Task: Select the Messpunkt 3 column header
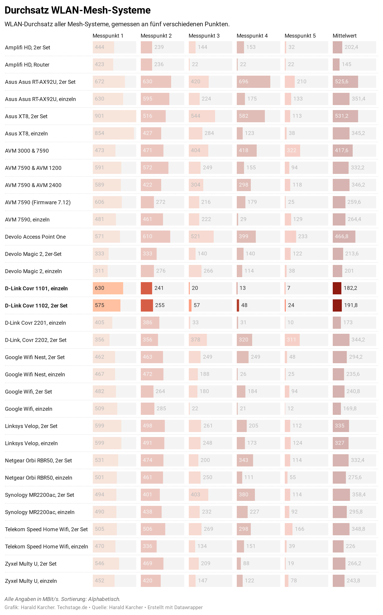point(204,36)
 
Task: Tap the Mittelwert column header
point(345,36)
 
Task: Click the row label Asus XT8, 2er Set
point(26,116)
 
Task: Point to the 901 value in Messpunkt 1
point(99,116)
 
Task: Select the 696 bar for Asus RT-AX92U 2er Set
point(253,82)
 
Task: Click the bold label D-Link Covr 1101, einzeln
point(36,288)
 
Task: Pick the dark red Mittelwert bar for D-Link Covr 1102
point(337,305)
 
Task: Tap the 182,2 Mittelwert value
point(350,288)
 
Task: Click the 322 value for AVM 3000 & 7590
point(291,151)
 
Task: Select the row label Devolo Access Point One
point(35,237)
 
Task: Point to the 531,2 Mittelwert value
point(341,116)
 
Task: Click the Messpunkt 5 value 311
point(291,340)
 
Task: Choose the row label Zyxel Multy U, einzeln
point(31,581)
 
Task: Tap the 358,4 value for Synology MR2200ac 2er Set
point(359,495)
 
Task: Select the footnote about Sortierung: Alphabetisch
point(62,599)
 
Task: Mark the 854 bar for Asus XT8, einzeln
point(113,133)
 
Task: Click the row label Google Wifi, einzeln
point(29,409)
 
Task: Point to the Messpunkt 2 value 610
point(147,236)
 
